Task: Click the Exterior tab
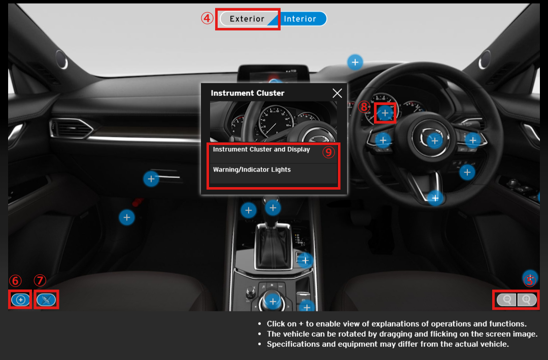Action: (247, 19)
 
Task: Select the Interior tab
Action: (300, 19)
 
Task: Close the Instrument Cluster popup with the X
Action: (337, 93)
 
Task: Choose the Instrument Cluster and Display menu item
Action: (261, 150)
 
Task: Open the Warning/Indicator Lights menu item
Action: (252, 170)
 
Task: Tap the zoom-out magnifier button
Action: (507, 300)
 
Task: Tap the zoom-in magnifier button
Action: (527, 300)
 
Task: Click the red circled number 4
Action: (207, 18)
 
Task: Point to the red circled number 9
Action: (328, 152)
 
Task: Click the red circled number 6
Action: (15, 281)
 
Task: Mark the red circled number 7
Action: (40, 281)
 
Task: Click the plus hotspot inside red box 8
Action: (385, 113)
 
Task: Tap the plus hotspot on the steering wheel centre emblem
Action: (435, 141)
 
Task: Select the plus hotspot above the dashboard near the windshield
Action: (355, 62)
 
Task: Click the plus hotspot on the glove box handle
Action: (151, 179)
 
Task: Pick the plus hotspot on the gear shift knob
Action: (273, 208)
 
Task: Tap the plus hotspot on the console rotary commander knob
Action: (273, 301)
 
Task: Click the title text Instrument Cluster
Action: (248, 93)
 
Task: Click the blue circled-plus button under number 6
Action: (21, 300)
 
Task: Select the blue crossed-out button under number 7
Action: (46, 300)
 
